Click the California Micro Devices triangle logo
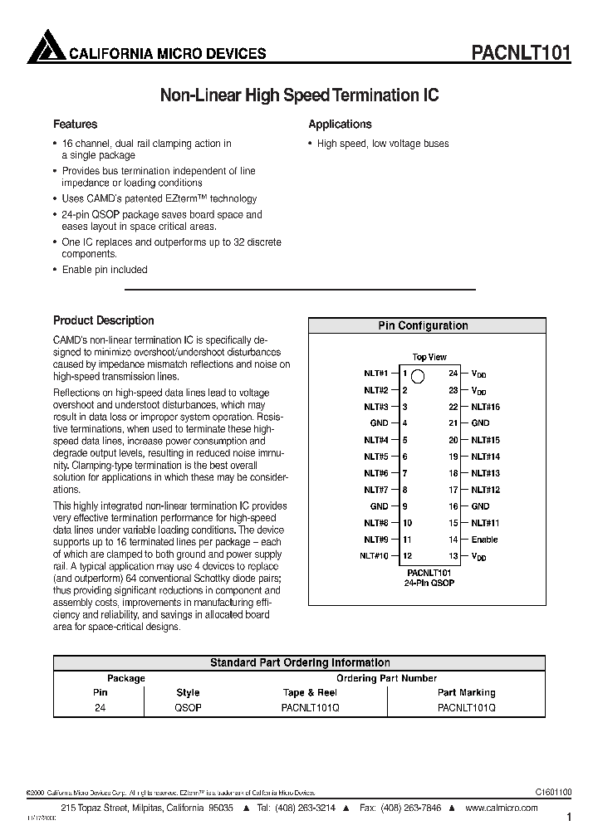click(x=46, y=47)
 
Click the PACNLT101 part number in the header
click(x=521, y=53)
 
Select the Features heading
click(x=76, y=125)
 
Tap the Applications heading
click(x=340, y=125)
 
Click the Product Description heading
click(x=104, y=320)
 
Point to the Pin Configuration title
click(x=423, y=326)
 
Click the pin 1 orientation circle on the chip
click(x=419, y=375)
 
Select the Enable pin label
click(x=485, y=540)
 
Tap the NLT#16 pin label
click(x=486, y=407)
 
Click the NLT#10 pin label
click(x=375, y=556)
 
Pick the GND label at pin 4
click(x=380, y=423)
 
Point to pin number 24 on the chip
click(x=453, y=374)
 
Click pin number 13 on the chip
click(x=453, y=556)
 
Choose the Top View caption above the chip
click(x=429, y=357)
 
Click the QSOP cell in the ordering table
click(x=188, y=708)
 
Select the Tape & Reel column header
click(x=310, y=692)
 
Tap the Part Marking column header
click(x=466, y=692)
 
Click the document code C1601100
click(x=548, y=793)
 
